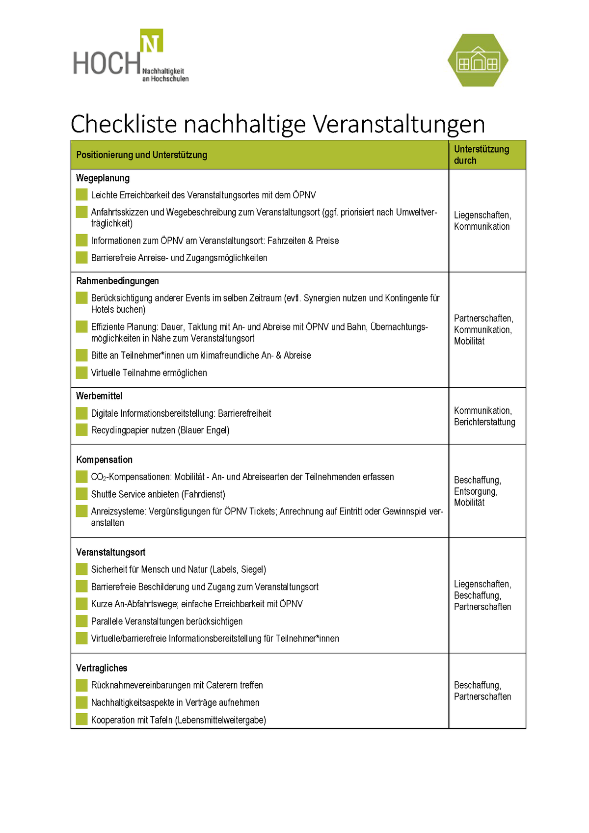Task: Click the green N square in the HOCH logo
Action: pos(151,41)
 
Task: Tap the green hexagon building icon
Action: pos(478,60)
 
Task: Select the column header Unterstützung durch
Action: pos(481,155)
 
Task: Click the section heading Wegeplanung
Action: pos(103,178)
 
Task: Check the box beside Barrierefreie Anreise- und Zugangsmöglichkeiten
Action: pos(81,257)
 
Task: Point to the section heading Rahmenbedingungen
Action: pos(117,281)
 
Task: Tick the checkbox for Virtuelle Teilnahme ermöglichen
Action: pos(81,373)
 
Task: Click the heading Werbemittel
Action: pos(99,396)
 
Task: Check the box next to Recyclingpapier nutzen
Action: pos(81,430)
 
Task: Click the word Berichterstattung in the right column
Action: pos(484,422)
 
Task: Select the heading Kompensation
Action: pos(104,459)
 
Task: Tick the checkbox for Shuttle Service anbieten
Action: pos(81,494)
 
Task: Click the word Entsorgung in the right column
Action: pos(475,491)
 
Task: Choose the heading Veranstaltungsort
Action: pos(110,552)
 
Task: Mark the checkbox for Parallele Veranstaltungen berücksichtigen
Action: pos(81,621)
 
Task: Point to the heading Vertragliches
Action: pos(102,668)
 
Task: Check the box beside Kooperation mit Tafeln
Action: pos(81,720)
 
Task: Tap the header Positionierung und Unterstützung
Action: pos(141,155)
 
